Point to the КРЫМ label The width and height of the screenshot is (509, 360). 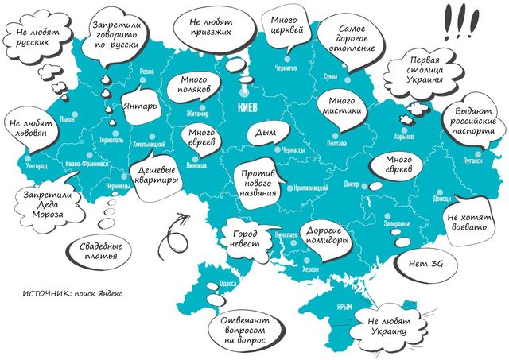[x=344, y=307]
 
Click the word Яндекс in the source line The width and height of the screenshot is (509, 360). [x=107, y=293]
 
